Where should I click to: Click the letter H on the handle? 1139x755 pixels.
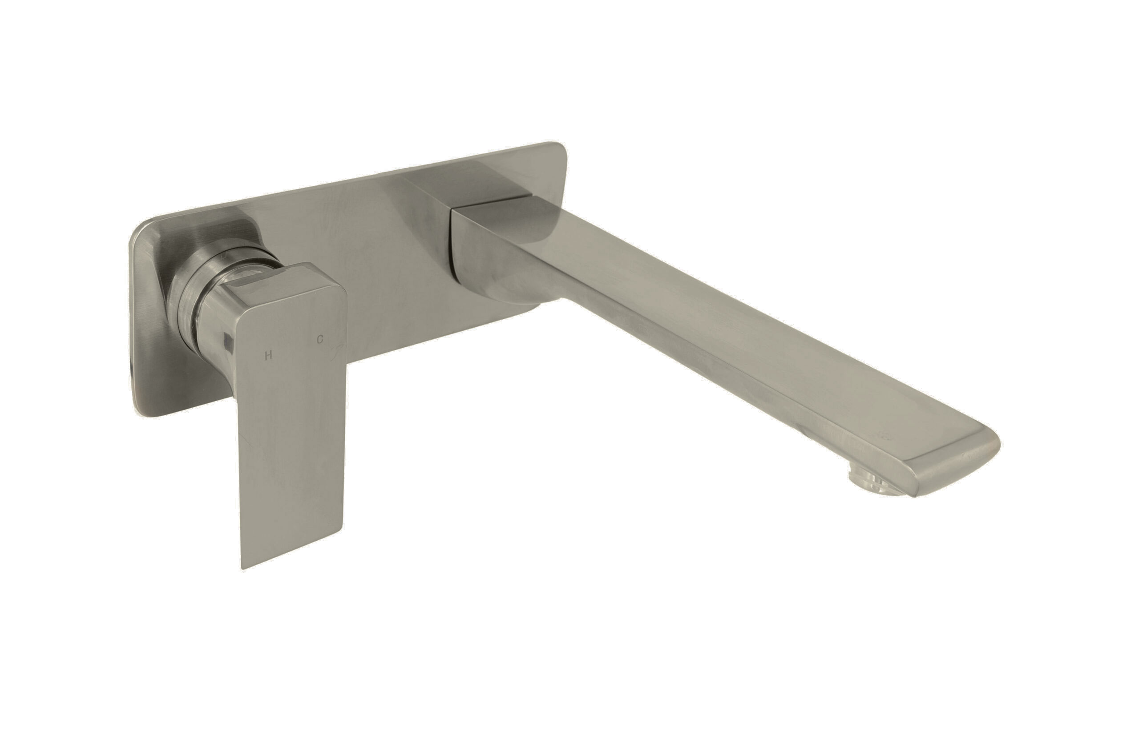[x=269, y=356]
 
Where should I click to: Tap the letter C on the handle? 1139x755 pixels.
[x=319, y=339]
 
